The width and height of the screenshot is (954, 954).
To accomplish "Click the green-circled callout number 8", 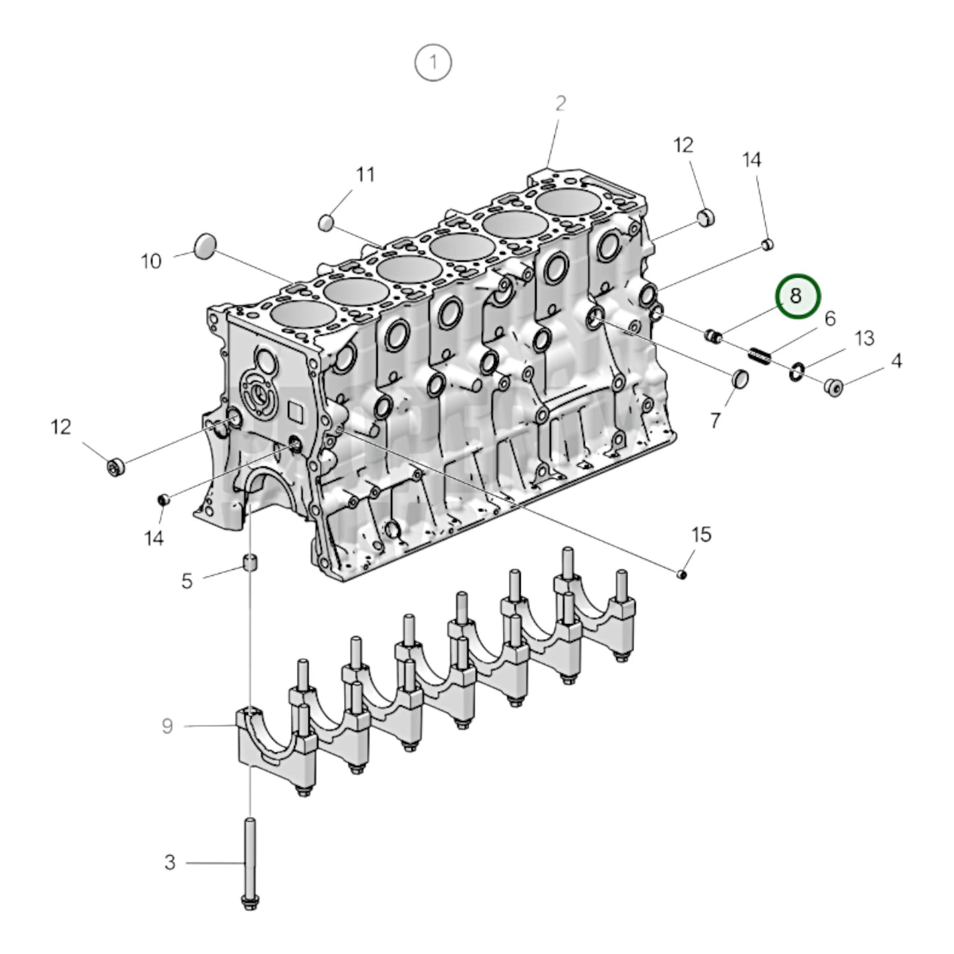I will click(x=797, y=296).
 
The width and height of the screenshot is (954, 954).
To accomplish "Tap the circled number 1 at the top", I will click(x=433, y=63).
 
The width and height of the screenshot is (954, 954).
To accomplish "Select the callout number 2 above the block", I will click(x=560, y=104).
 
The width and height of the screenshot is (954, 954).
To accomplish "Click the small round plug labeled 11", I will click(x=326, y=222).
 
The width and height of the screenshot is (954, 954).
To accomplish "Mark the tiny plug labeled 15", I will click(x=683, y=575).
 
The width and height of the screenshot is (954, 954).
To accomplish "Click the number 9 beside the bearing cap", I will click(x=167, y=726).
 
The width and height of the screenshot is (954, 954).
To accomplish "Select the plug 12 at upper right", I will click(x=706, y=217).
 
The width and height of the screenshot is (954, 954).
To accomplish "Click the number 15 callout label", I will click(x=701, y=534).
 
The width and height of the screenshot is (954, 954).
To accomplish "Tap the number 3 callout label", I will click(x=170, y=862).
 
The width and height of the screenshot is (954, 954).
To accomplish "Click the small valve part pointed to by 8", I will click(x=713, y=337).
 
